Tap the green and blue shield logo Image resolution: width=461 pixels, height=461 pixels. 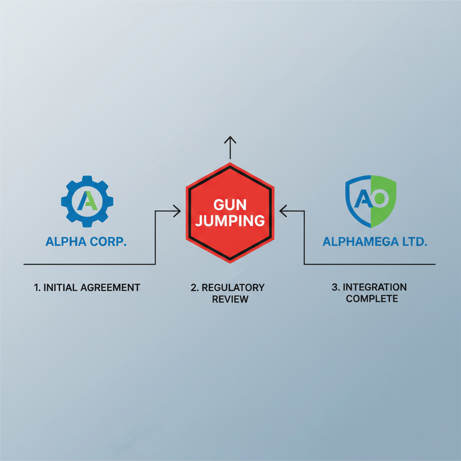[x=371, y=201]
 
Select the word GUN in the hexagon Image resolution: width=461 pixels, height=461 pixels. [x=230, y=205]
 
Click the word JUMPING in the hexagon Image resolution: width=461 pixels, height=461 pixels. [x=230, y=221]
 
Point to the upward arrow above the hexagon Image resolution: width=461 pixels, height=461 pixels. [x=230, y=148]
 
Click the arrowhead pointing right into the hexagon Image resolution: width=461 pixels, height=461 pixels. [x=177, y=211]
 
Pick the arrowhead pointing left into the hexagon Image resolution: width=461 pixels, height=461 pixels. [x=283, y=211]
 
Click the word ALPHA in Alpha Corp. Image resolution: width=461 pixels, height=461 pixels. [x=66, y=242]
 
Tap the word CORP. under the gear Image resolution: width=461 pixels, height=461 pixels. [x=108, y=242]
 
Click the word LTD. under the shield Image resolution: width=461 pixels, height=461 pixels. [x=415, y=242]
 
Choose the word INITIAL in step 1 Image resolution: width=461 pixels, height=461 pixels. [x=60, y=287]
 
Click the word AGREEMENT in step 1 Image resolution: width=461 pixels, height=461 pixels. [x=110, y=287]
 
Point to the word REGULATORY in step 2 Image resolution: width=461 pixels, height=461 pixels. [x=233, y=287]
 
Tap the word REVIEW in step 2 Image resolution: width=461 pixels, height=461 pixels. [x=230, y=299]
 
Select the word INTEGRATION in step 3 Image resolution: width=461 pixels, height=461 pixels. [x=375, y=287]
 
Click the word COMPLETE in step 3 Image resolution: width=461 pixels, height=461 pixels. [x=372, y=299]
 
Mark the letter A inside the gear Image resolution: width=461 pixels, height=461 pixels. [x=87, y=201]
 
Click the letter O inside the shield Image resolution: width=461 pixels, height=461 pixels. [x=380, y=199]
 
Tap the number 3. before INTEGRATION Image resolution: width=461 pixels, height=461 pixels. [x=336, y=287]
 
